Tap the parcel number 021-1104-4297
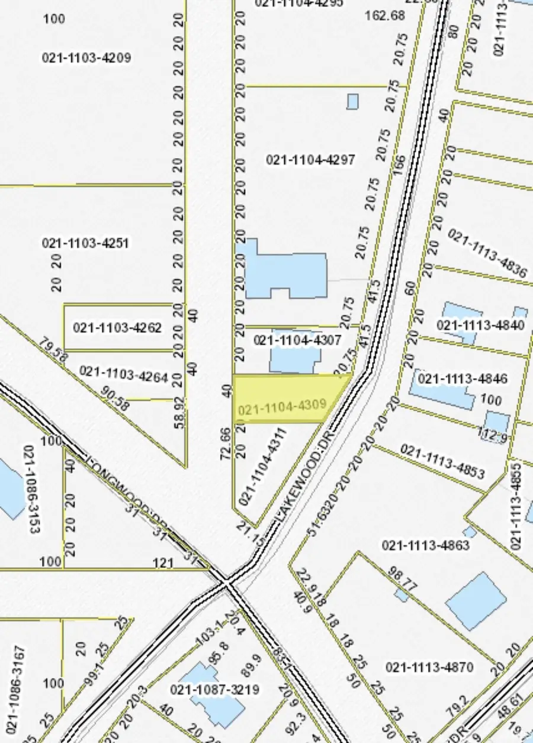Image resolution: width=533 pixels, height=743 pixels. click(310, 159)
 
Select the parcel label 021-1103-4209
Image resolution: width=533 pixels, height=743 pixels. click(86, 57)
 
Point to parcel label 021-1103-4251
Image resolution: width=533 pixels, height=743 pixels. click(86, 243)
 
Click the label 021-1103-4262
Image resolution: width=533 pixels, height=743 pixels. click(117, 327)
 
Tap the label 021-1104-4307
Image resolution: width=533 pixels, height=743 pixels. click(297, 340)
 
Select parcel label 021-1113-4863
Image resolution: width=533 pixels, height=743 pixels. click(426, 545)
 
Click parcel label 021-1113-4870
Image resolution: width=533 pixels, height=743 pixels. click(430, 667)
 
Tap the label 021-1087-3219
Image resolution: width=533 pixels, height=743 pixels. click(214, 690)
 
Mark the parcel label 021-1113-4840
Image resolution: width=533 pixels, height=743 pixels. click(480, 325)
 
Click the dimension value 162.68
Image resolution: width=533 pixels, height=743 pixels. click(385, 15)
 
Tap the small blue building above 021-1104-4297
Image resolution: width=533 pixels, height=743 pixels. click(352, 102)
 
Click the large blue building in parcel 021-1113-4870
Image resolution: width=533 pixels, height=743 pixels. click(476, 600)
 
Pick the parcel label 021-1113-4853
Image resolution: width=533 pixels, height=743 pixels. click(442, 461)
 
